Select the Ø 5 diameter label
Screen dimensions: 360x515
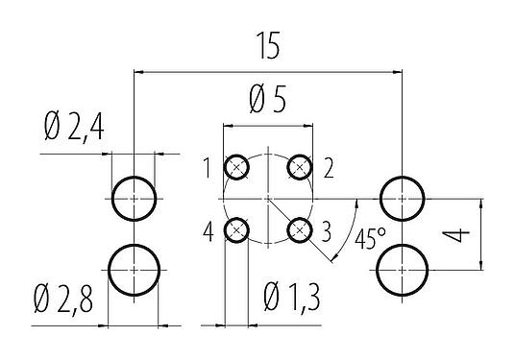267,99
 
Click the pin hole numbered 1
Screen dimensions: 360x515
236,168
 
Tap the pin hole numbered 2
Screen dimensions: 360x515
300,168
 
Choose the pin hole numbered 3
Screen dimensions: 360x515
300,230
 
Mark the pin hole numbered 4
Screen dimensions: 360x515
236,230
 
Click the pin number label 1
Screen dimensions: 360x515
207,169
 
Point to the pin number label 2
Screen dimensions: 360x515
329,169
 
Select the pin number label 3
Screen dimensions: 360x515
327,230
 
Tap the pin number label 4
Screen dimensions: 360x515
208,231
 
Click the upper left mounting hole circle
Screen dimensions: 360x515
134,199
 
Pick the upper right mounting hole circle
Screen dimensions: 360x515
401,199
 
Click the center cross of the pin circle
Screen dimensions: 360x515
268,199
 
